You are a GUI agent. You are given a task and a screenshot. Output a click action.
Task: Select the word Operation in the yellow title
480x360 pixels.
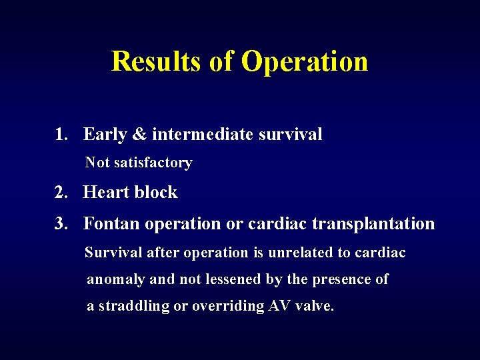[x=305, y=61]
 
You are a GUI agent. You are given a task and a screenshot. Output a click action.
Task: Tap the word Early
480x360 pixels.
[x=105, y=135]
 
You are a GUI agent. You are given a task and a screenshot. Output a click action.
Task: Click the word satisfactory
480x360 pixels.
[x=153, y=163]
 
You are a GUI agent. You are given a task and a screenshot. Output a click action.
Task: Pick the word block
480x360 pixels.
[x=156, y=193]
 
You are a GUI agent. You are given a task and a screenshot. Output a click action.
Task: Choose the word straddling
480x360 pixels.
[x=133, y=307]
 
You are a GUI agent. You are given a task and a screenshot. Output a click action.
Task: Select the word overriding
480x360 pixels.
[x=227, y=307]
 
